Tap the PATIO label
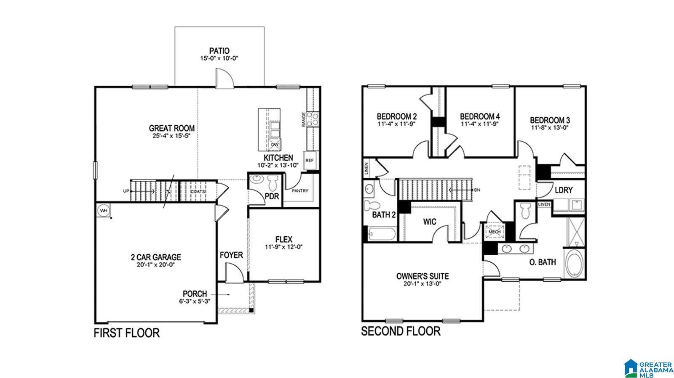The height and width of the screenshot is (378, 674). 219,51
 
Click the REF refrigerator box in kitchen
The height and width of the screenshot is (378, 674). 310,160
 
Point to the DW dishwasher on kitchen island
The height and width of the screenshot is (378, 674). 275,145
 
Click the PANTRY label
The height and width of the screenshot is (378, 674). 300,191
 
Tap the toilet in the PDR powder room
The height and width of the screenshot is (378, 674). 272,182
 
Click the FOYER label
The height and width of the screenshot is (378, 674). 231,255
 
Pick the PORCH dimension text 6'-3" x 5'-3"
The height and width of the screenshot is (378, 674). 194,301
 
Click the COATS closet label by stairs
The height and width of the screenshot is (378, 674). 198,192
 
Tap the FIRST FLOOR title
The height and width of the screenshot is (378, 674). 126,333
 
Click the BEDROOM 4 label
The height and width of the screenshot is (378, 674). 480,116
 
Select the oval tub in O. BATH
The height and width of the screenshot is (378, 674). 573,264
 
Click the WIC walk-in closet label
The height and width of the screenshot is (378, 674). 430,222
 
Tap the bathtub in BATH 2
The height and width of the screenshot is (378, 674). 382,234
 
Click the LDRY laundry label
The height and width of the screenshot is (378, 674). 563,190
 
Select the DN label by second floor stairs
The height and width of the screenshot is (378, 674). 477,190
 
